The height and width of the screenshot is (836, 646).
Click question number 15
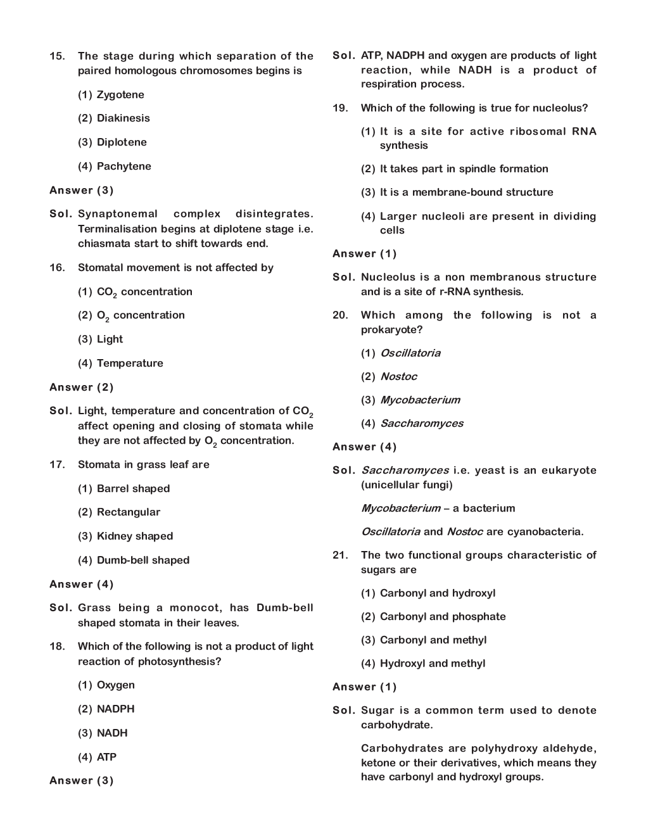click(x=57, y=56)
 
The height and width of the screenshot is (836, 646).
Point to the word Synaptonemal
click(x=118, y=214)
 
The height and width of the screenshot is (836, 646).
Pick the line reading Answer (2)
click(x=81, y=387)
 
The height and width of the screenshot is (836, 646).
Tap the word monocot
click(x=195, y=608)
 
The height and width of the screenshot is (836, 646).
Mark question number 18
click(x=57, y=647)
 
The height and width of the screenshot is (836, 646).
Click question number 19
click(x=340, y=108)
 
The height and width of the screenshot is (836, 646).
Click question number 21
click(x=340, y=555)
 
